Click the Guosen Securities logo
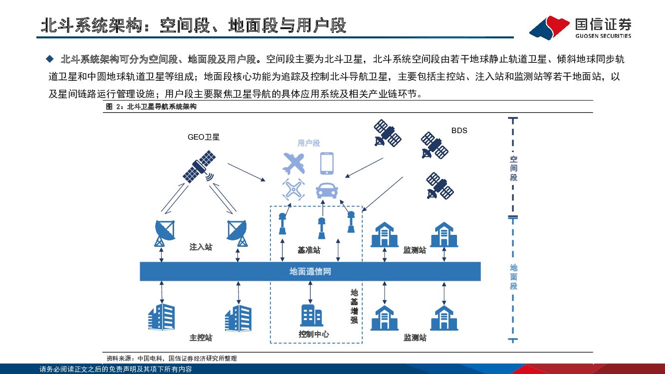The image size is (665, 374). [580, 28]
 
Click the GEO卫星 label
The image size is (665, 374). [204, 137]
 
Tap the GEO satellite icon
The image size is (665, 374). [200, 167]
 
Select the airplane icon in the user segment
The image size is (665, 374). [294, 163]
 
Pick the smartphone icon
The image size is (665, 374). [327, 163]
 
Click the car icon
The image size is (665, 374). [327, 190]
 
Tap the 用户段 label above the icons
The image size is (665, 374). [308, 144]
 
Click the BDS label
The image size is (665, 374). [459, 131]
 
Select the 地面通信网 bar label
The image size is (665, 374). [310, 272]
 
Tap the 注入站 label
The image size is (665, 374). [201, 247]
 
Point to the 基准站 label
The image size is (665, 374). [309, 250]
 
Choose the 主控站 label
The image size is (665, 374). [201, 338]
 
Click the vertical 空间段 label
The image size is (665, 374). [513, 168]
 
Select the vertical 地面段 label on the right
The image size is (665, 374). [513, 277]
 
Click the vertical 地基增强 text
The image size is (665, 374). [354, 306]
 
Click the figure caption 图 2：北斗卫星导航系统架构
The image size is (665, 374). [151, 106]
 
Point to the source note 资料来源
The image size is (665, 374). [172, 358]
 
